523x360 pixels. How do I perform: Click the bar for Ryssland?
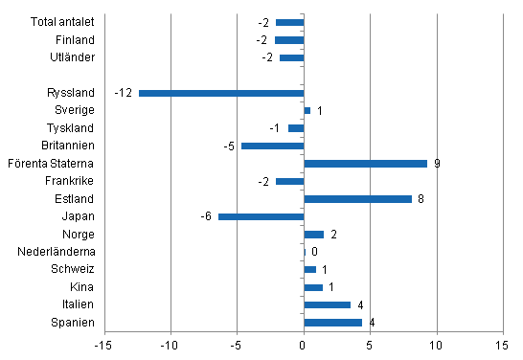coord(221,93)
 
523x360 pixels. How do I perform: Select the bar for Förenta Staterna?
coord(365,164)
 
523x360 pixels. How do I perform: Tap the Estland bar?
coord(357,199)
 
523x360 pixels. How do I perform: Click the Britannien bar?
coord(272,146)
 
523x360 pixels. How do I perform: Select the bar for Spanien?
coord(332,323)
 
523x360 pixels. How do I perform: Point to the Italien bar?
coord(327,304)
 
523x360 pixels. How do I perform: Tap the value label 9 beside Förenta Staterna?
coord(437,164)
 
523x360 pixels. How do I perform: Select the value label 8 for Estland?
coord(421,199)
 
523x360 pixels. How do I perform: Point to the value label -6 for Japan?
coord(206,216)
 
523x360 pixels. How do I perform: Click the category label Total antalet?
coord(62,22)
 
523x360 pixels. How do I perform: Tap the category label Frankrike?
coord(70,181)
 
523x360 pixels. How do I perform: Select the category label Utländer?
coord(72,57)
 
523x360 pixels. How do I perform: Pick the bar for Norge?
coord(313,235)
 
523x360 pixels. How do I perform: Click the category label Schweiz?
coord(73,270)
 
